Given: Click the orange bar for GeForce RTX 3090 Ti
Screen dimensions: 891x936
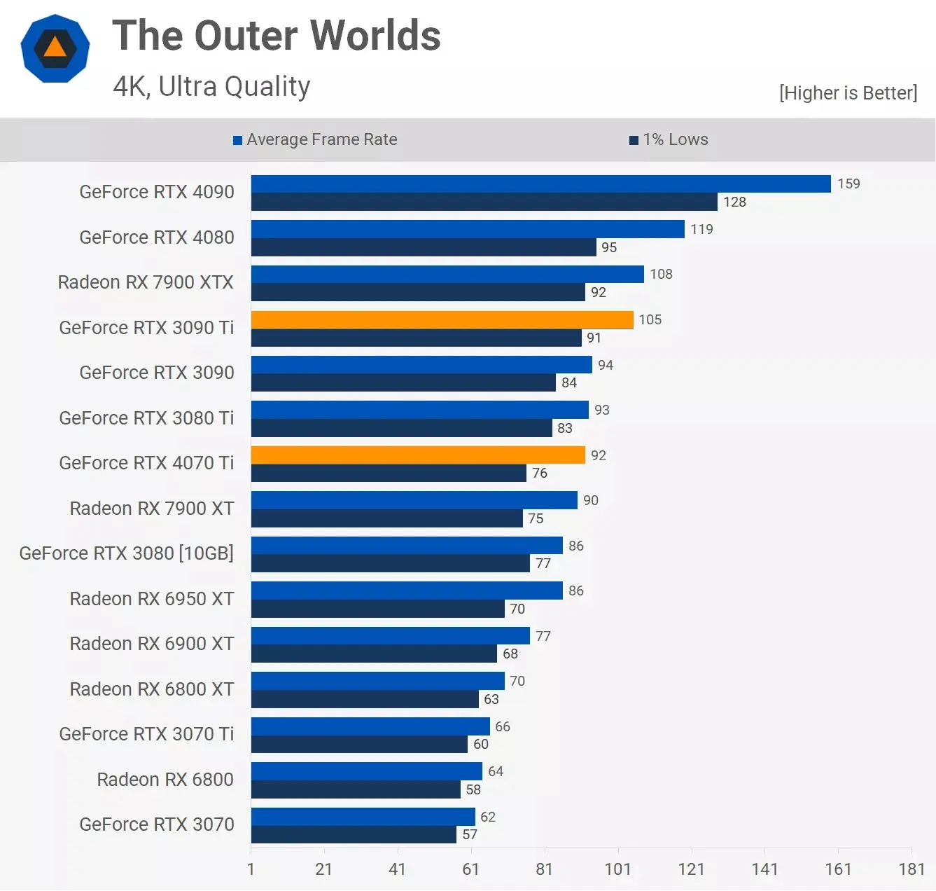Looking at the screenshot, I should pyautogui.click(x=442, y=320).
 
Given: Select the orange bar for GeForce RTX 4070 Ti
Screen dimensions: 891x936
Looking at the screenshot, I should pyautogui.click(x=418, y=455).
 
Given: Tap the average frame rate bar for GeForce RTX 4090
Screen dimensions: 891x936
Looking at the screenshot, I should pyautogui.click(x=540, y=184).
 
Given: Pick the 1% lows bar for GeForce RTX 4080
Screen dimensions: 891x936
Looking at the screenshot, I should pyautogui.click(x=424, y=247).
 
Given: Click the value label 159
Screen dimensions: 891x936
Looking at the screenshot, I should pyautogui.click(x=848, y=184).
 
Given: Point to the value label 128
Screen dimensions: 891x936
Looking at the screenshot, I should pyautogui.click(x=734, y=202).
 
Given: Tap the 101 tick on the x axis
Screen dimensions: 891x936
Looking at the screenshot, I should pyautogui.click(x=617, y=869).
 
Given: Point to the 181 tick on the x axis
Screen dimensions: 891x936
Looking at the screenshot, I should pyautogui.click(x=911, y=869).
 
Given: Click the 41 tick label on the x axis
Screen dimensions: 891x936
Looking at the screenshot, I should pyautogui.click(x=397, y=869).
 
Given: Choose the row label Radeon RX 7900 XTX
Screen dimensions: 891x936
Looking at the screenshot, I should pyautogui.click(x=146, y=282).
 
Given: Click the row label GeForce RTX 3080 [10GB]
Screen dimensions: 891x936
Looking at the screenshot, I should pyautogui.click(x=127, y=553).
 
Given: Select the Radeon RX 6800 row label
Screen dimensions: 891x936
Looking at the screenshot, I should pyautogui.click(x=165, y=780).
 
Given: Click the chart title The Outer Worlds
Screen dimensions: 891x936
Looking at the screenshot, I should pyautogui.click(x=277, y=36).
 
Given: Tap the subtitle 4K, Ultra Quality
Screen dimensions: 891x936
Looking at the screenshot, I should pyautogui.click(x=211, y=87).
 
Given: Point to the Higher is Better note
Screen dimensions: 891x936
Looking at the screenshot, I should pyautogui.click(x=848, y=93).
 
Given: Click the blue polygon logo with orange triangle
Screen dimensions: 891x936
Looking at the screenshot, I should pyautogui.click(x=55, y=48).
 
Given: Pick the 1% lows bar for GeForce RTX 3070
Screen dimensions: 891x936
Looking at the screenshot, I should pyautogui.click(x=354, y=835).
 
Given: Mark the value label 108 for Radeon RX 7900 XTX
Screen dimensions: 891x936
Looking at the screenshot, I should pyautogui.click(x=661, y=275).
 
